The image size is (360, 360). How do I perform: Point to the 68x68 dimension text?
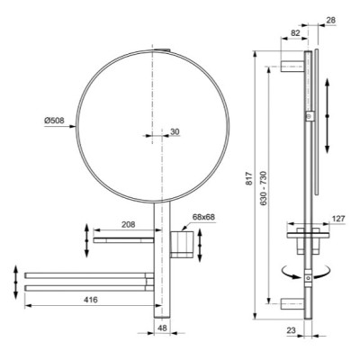point(205,217)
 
